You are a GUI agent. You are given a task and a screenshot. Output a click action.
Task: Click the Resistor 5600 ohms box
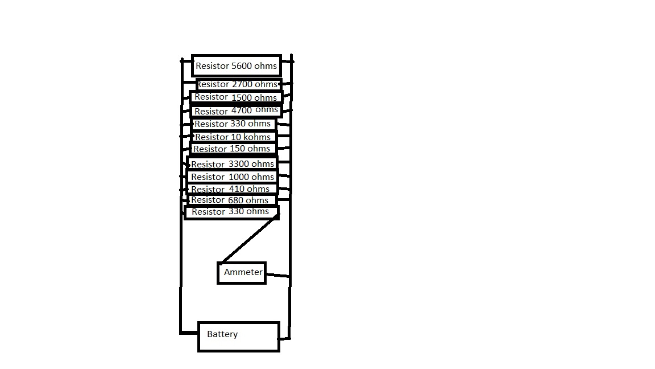237,65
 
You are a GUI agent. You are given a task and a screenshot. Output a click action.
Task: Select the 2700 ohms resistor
237,84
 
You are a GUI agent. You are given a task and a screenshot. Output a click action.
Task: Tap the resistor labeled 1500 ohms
236,97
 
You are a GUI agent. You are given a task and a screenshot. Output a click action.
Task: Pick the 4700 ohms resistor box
236,110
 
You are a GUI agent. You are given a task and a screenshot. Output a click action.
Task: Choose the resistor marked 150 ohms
233,149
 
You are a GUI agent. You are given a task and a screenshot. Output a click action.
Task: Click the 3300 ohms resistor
232,163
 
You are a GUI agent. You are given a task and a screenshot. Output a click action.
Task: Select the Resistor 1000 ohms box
232,177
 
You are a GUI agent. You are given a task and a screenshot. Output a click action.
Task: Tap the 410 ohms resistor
231,189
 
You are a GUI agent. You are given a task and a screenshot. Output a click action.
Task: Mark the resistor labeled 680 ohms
231,200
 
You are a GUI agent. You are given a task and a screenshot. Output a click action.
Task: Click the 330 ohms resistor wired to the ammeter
231,212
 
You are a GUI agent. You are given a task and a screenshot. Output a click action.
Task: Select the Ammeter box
242,273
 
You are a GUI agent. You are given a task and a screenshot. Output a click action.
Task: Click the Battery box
239,337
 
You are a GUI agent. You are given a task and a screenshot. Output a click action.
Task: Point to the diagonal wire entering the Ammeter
248,239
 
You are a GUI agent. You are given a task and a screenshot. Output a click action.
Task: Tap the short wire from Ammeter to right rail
277,275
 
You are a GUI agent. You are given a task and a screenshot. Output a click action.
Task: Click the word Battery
222,334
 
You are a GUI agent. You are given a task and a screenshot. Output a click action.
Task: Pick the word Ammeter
243,272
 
